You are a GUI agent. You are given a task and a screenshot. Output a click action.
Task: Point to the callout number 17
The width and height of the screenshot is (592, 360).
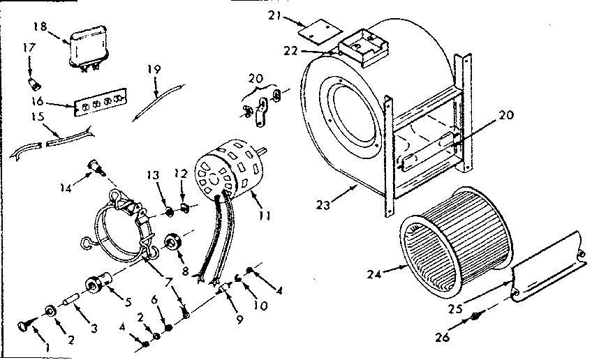point(29,48)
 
